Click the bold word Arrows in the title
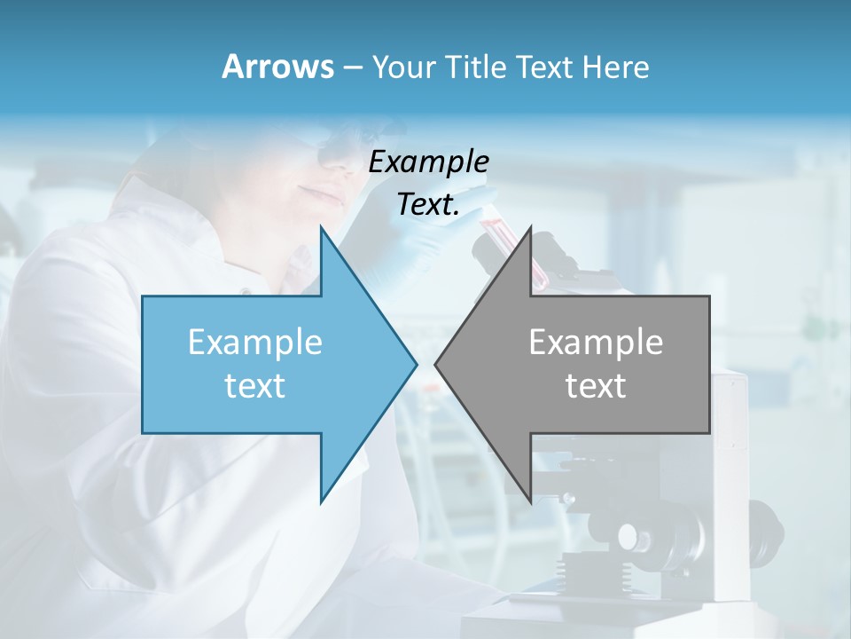[x=278, y=67]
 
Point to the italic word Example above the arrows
[x=429, y=162]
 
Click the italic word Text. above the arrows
[x=429, y=205]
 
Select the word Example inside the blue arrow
[x=255, y=342]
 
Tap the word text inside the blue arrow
[x=255, y=385]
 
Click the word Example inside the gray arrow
[x=596, y=342]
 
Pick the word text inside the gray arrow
[x=596, y=385]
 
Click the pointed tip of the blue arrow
[x=416, y=364]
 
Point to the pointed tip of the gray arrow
[x=435, y=364]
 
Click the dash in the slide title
[x=351, y=67]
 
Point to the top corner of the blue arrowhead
[x=321, y=227]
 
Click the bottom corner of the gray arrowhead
[x=530, y=502]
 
